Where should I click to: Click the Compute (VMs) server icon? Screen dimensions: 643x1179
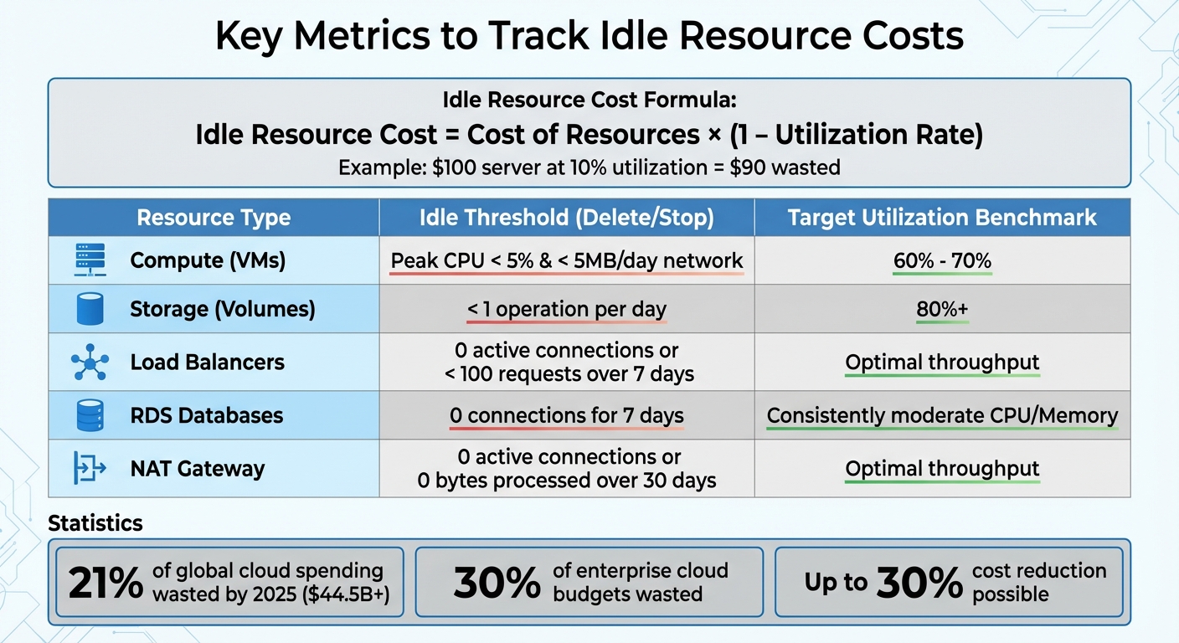(x=89, y=260)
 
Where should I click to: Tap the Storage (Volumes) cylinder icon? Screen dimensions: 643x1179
(x=89, y=310)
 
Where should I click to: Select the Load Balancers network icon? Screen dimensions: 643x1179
(x=89, y=362)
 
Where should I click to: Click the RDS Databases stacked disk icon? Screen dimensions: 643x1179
(x=89, y=415)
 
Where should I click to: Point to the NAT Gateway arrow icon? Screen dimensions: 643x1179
(x=89, y=468)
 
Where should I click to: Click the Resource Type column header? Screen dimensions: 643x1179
(x=214, y=218)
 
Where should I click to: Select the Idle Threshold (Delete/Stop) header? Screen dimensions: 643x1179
(x=566, y=218)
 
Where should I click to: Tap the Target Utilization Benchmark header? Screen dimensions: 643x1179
(x=942, y=218)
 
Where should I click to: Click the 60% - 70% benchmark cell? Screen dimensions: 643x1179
(x=942, y=260)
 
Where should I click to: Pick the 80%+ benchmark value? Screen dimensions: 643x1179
(x=942, y=310)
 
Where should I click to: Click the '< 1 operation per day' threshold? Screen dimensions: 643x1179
(x=566, y=310)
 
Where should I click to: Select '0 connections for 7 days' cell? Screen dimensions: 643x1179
(x=566, y=415)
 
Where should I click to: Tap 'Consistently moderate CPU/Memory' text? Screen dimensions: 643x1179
(x=942, y=415)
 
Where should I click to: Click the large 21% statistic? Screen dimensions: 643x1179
(x=106, y=584)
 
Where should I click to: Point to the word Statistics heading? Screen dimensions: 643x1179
(x=95, y=523)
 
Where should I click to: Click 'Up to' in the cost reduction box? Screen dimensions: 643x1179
(x=836, y=583)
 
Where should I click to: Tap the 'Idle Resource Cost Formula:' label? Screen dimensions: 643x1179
(x=589, y=100)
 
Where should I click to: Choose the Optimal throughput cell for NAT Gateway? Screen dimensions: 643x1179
(x=942, y=469)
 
